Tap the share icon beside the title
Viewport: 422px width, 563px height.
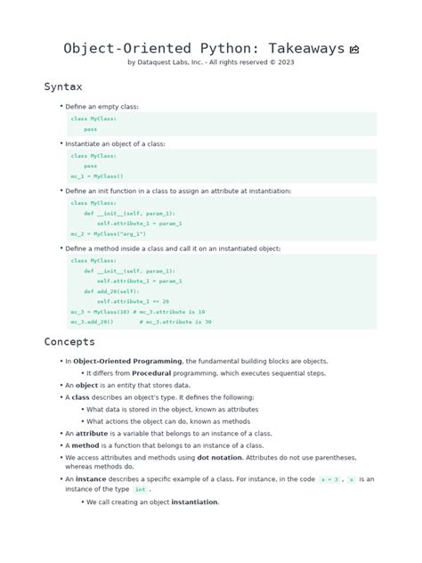(355, 50)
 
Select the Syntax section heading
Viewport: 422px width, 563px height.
(63, 86)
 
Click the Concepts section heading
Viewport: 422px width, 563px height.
(70, 342)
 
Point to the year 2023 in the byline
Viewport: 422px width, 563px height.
(287, 62)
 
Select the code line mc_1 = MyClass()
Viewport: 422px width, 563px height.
(98, 176)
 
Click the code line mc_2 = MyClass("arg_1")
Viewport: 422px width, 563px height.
(109, 233)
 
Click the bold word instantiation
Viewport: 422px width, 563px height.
(195, 502)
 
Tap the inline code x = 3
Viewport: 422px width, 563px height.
(329, 479)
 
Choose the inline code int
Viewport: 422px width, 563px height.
(141, 490)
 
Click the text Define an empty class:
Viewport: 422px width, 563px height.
(101, 107)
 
